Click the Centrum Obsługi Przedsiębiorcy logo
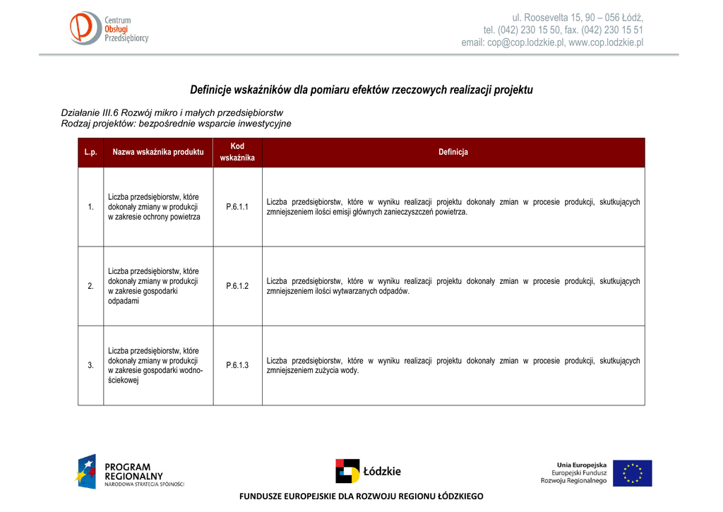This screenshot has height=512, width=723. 109,29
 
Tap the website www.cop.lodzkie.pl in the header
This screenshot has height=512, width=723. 606,43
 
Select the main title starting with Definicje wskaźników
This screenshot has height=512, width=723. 361,90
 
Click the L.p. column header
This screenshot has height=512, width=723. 90,153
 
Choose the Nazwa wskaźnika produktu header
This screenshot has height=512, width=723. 158,153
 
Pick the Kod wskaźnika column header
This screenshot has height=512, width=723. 237,152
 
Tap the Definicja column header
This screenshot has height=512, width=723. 453,153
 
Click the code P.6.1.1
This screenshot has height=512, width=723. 237,207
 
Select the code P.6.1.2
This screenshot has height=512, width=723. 237,286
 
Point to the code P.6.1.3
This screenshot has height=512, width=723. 237,365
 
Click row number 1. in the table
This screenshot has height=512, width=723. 90,207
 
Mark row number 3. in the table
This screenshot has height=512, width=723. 90,365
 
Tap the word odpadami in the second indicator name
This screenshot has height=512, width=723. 123,301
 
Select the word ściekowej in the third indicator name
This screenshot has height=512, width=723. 124,380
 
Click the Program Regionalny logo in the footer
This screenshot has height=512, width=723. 131,472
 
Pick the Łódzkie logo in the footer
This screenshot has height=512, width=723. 368,471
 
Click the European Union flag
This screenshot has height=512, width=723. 632,472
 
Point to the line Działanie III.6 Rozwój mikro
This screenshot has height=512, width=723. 172,113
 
